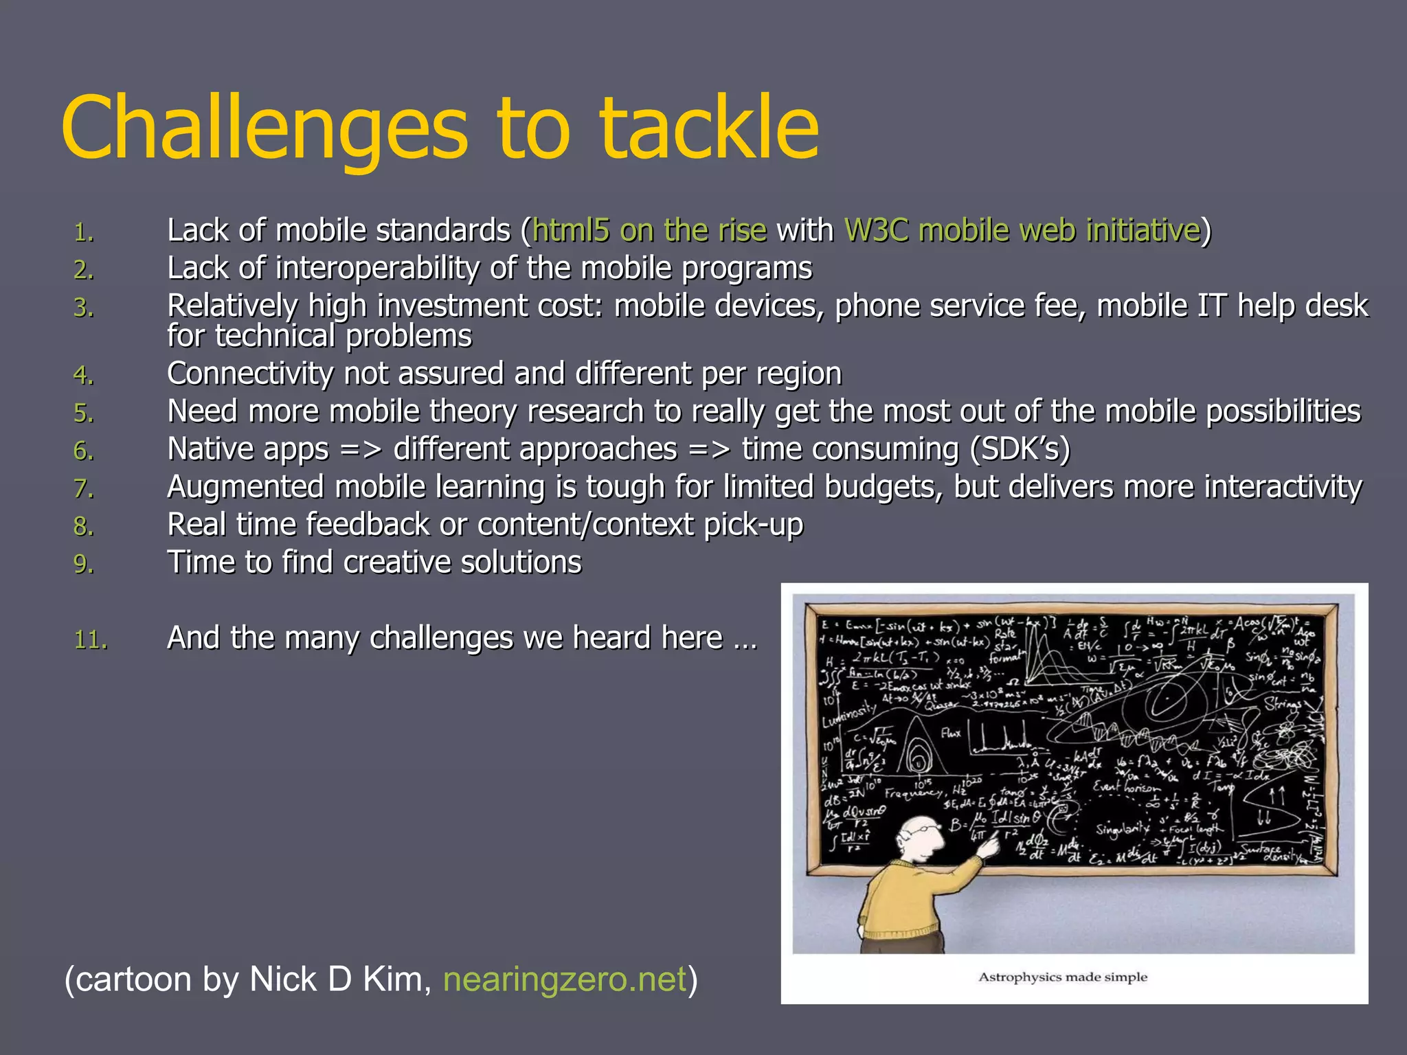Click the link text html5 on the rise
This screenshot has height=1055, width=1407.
click(x=649, y=230)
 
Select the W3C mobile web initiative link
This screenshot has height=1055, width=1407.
click(x=1022, y=230)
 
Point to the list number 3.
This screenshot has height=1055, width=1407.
click(x=83, y=307)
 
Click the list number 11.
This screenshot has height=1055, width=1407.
click(x=90, y=640)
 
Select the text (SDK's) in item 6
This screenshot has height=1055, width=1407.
click(x=1020, y=449)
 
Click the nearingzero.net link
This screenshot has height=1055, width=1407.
click(x=565, y=979)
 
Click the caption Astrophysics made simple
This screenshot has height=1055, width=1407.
click(x=1062, y=977)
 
